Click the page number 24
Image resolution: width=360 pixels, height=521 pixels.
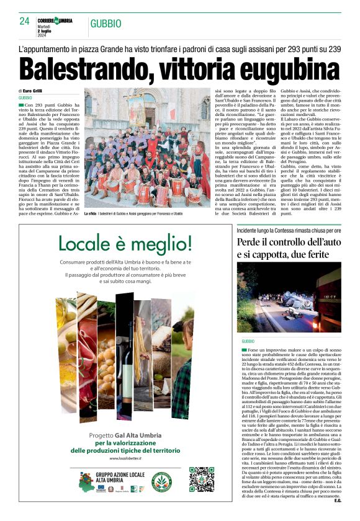click(25, 20)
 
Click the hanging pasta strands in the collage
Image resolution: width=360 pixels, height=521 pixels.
click(142, 347)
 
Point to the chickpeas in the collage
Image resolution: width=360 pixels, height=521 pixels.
click(106, 360)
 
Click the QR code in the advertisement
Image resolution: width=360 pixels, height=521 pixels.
click(201, 479)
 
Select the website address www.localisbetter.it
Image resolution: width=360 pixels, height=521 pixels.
click(130, 458)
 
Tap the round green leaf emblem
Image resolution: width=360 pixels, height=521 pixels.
click(163, 482)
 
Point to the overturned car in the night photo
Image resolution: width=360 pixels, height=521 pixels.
click(292, 298)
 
